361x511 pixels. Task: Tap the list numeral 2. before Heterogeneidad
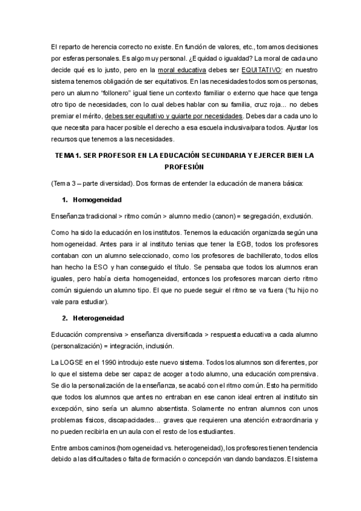pyautogui.click(x=64, y=317)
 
